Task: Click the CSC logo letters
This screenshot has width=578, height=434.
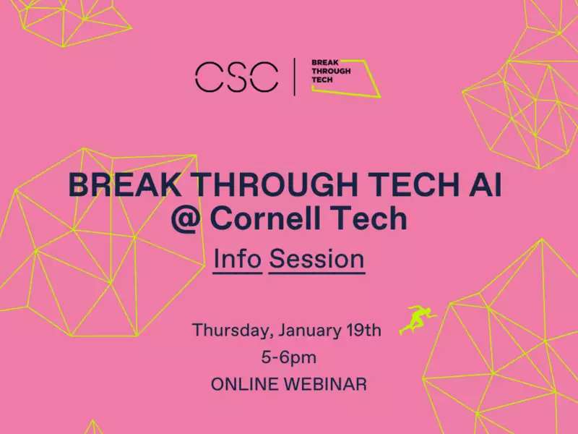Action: click(237, 77)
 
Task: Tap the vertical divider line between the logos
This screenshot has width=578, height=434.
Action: click(295, 77)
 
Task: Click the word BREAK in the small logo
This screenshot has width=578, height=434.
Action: click(324, 63)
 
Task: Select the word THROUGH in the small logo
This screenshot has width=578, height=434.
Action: click(331, 71)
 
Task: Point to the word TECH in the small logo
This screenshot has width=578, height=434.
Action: click(322, 80)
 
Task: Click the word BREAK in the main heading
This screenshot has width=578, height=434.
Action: click(125, 185)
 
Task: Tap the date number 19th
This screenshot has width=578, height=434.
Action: click(364, 330)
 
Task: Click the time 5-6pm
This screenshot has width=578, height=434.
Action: click(289, 358)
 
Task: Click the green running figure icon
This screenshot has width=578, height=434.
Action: click(418, 320)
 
